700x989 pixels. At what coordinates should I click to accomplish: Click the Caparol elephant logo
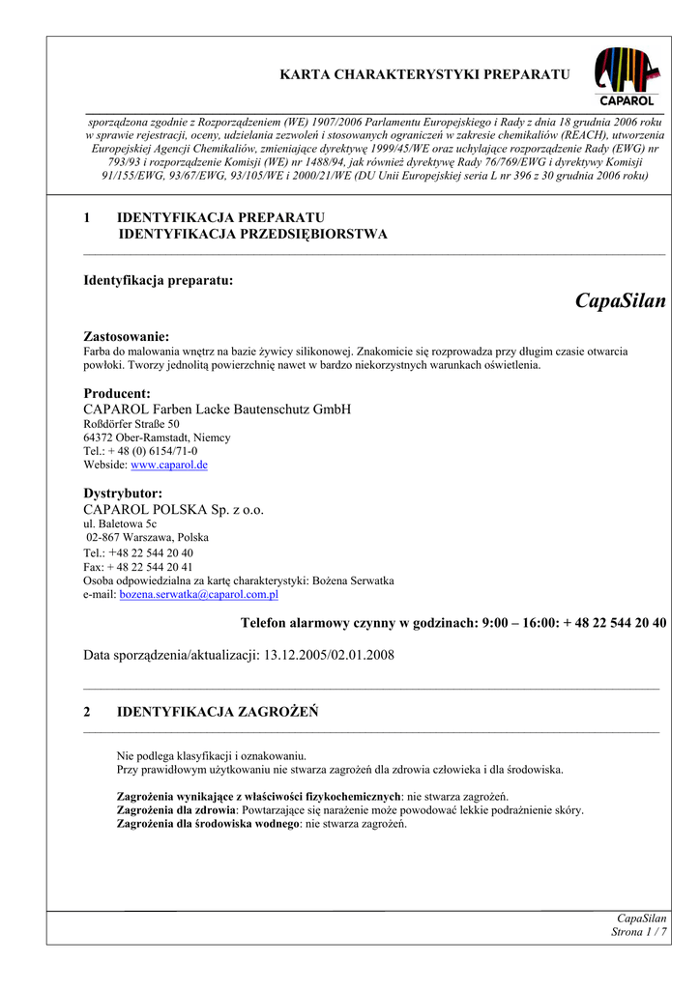tap(627, 75)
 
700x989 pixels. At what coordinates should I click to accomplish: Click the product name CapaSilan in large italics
tap(620, 301)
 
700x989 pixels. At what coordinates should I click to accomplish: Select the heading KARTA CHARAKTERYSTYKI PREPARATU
tap(424, 74)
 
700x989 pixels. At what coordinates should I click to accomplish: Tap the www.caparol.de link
tap(169, 465)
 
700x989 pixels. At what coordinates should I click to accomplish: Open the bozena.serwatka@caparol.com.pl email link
tap(198, 595)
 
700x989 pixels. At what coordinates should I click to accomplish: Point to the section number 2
tap(88, 712)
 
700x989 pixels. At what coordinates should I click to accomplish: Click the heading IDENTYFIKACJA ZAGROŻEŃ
tap(217, 712)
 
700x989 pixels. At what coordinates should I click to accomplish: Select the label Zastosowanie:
tap(127, 336)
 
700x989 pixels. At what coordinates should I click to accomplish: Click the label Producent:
tap(117, 393)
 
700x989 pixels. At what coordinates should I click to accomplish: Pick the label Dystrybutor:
tap(123, 493)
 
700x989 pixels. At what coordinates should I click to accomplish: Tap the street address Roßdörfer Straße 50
tap(131, 424)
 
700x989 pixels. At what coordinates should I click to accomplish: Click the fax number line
tap(138, 567)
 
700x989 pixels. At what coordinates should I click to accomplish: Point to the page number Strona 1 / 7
tap(639, 932)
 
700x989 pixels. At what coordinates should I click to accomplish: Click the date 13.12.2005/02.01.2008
tap(328, 655)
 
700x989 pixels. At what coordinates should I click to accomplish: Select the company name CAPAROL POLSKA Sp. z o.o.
tap(174, 509)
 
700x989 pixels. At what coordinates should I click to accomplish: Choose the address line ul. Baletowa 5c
tap(120, 523)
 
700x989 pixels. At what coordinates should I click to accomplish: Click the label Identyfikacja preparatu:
tap(159, 280)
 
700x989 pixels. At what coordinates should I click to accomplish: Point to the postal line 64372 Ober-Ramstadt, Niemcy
tap(158, 438)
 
